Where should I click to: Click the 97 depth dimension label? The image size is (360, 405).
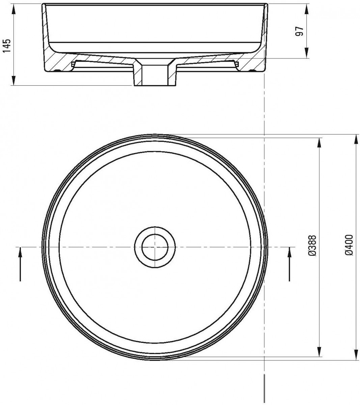299,31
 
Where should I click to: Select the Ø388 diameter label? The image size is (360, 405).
312,245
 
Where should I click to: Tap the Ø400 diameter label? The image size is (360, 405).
349,245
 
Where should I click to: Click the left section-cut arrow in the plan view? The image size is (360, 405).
20,264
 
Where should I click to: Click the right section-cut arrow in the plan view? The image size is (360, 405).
289,264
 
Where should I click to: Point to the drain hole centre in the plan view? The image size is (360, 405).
155,247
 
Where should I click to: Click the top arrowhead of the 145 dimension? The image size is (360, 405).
13,9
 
